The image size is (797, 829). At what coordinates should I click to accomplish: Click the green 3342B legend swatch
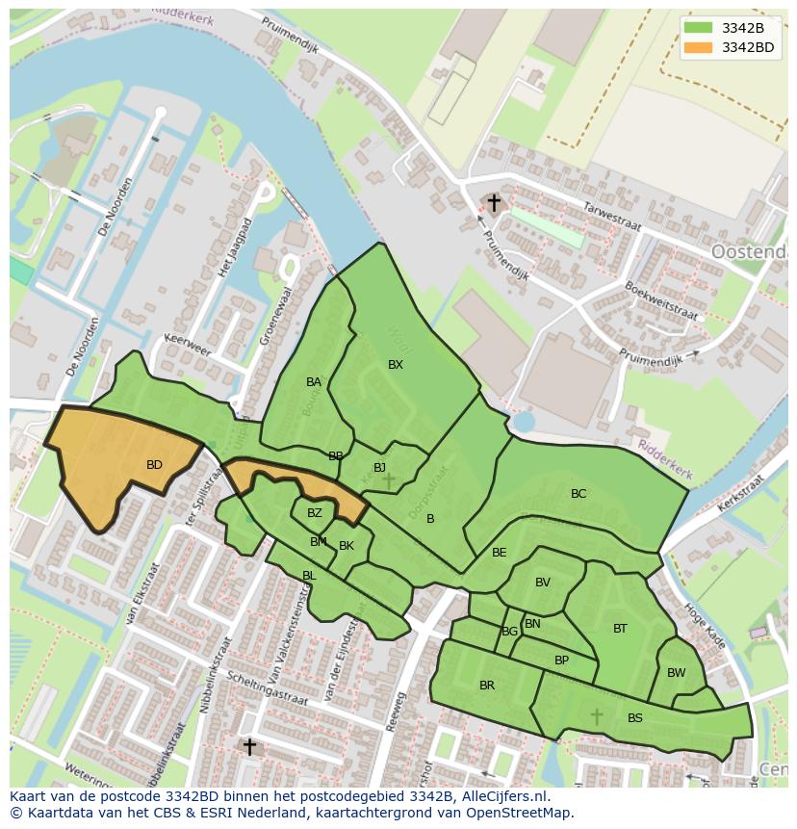[x=699, y=28]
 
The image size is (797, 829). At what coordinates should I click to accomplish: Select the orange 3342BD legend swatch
[x=699, y=47]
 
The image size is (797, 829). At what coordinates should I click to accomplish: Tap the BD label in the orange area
[x=154, y=465]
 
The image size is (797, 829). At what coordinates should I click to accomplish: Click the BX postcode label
[x=396, y=365]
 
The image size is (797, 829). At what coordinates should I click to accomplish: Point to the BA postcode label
[x=314, y=382]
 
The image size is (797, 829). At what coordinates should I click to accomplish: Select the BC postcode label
[x=578, y=494]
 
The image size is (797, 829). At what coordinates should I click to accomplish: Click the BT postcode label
[x=620, y=629]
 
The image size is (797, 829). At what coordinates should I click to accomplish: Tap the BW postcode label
[x=677, y=673]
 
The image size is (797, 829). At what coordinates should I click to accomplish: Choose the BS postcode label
[x=635, y=718]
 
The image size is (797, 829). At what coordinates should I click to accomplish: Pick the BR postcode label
[x=487, y=686]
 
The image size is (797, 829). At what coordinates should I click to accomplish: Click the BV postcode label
[x=543, y=583]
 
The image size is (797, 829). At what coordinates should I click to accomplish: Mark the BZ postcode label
[x=315, y=513]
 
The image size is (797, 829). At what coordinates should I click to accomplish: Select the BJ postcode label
[x=379, y=468]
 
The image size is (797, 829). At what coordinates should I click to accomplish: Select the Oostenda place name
[x=749, y=251]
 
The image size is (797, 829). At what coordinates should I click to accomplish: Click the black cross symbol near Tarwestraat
[x=494, y=203]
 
